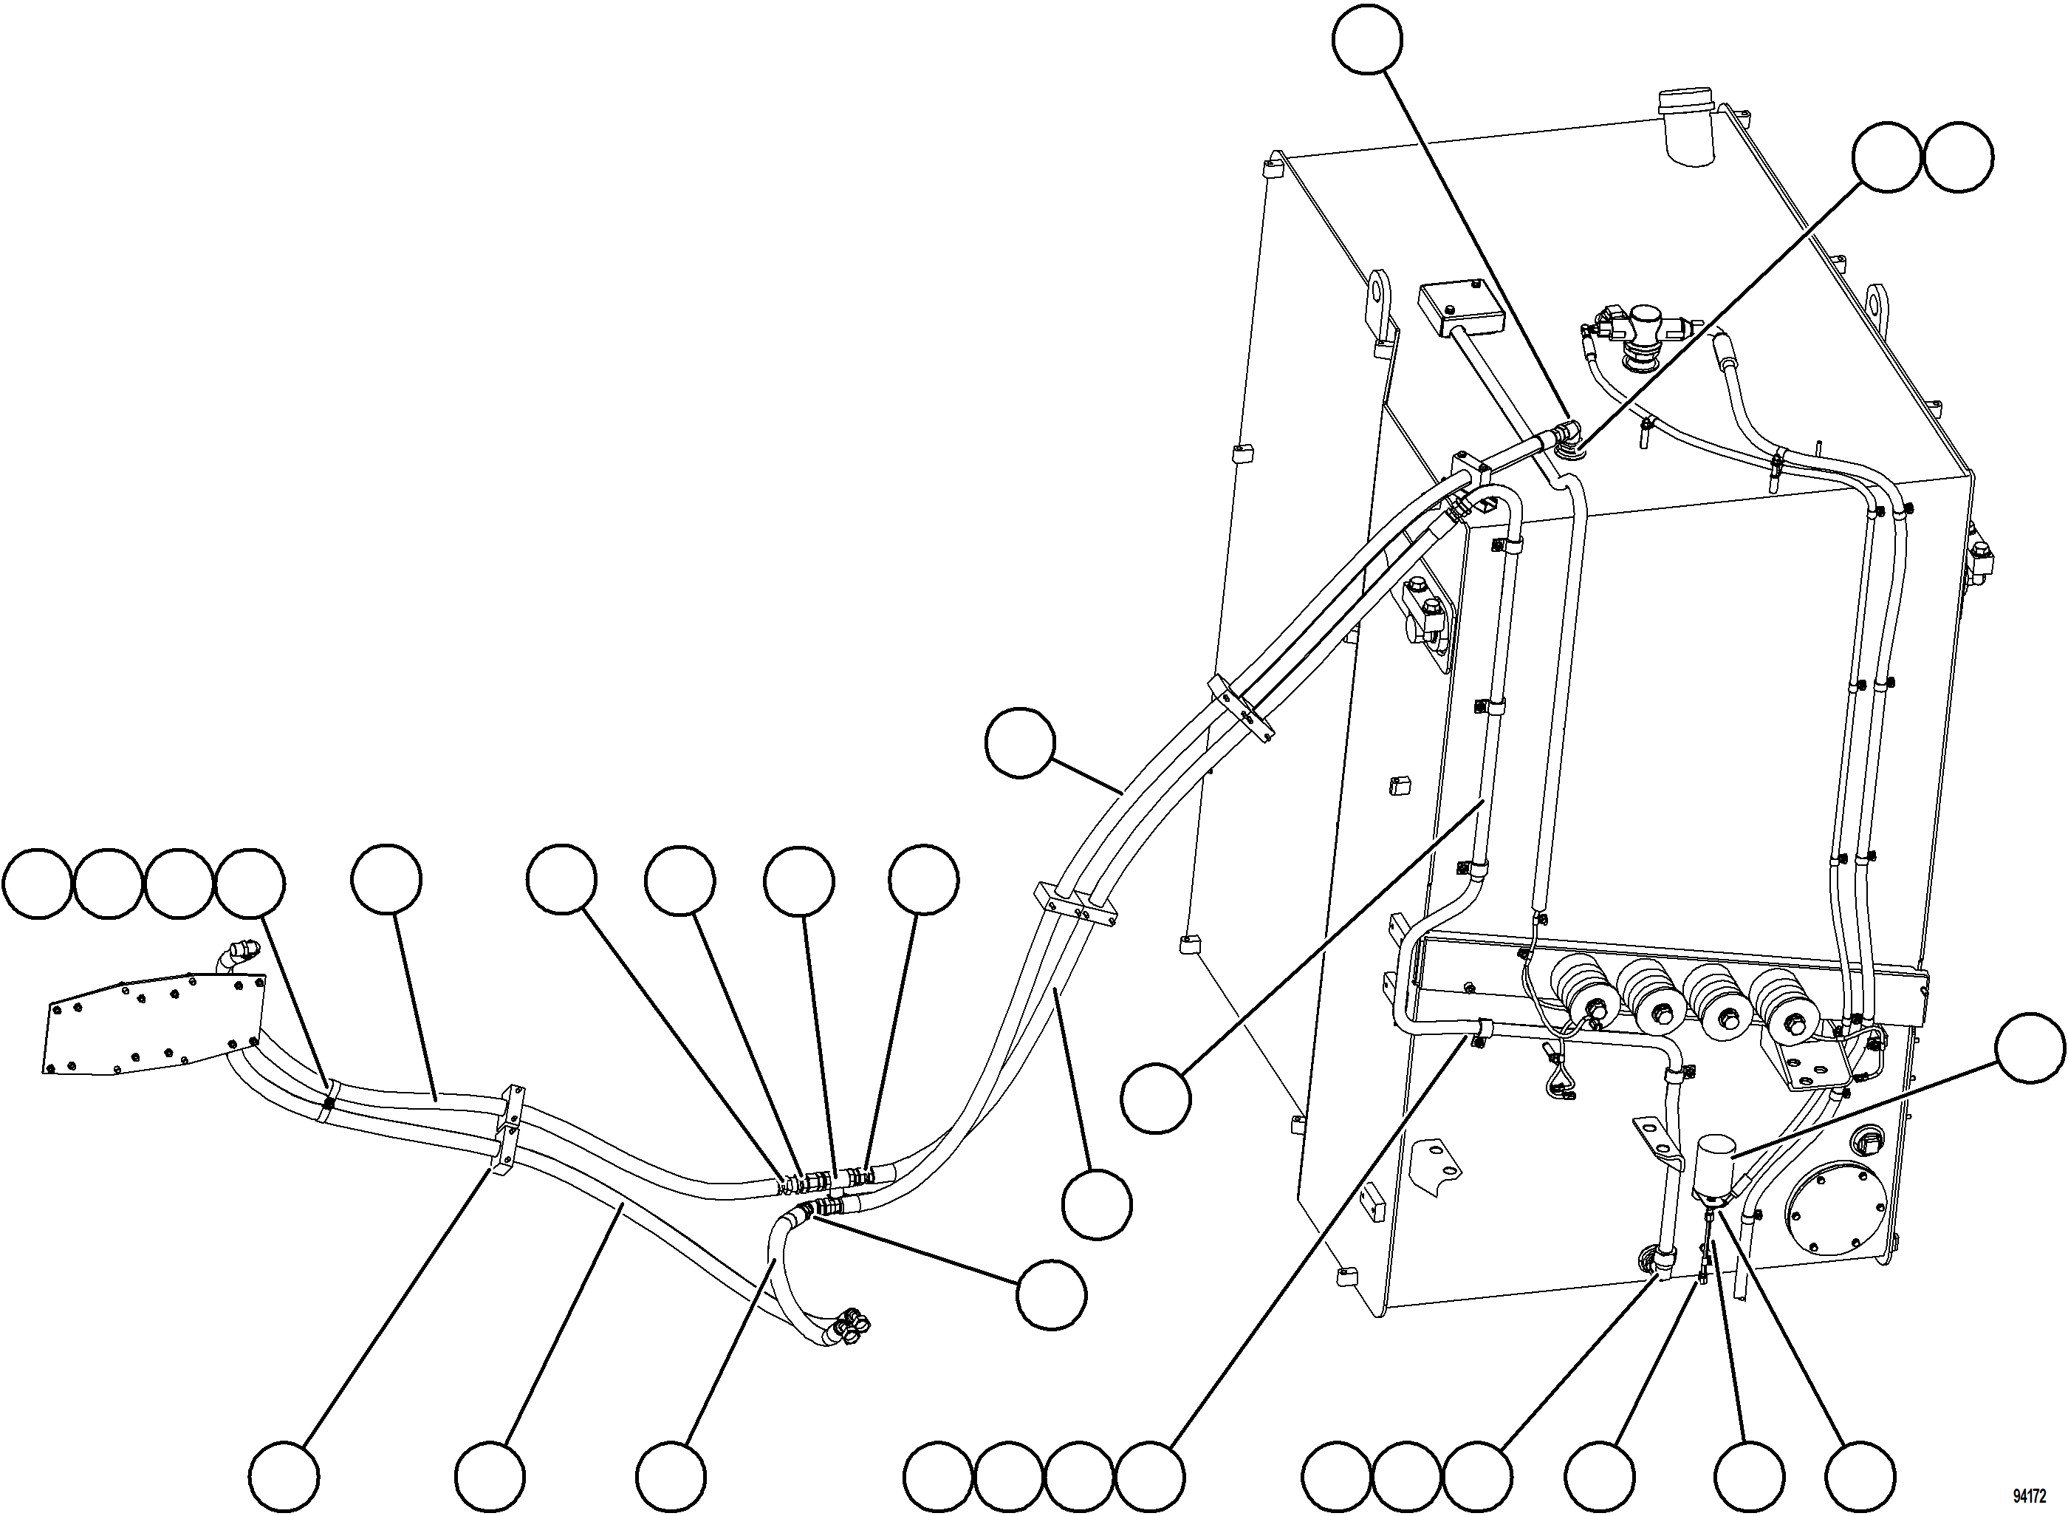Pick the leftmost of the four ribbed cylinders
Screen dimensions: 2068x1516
tap(1589, 992)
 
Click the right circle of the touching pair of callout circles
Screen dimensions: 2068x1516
tap(1958, 158)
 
